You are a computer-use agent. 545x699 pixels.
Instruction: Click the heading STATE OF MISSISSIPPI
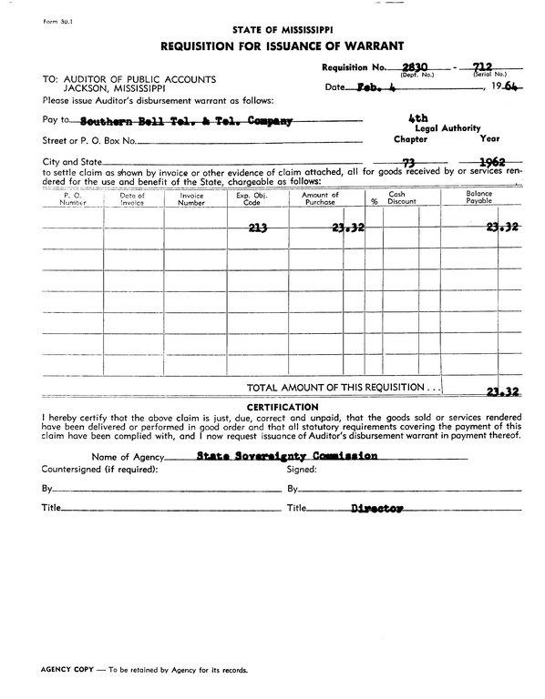point(282,29)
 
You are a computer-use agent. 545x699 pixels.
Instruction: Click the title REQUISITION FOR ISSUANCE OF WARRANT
point(283,46)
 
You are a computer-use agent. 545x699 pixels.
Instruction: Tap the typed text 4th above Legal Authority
point(419,118)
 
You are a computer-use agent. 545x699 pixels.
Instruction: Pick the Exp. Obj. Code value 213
point(257,228)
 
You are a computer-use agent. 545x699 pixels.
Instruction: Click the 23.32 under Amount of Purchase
point(347,228)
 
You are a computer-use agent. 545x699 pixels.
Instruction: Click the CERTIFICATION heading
point(283,407)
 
